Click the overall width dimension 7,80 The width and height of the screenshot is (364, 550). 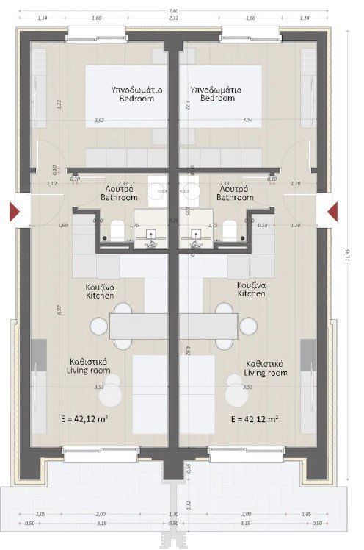173,10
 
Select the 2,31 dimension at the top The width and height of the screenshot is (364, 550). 173,18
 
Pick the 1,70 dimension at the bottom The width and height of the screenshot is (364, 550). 173,515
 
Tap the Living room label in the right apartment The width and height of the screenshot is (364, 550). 266,368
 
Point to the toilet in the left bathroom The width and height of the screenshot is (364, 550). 116,230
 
